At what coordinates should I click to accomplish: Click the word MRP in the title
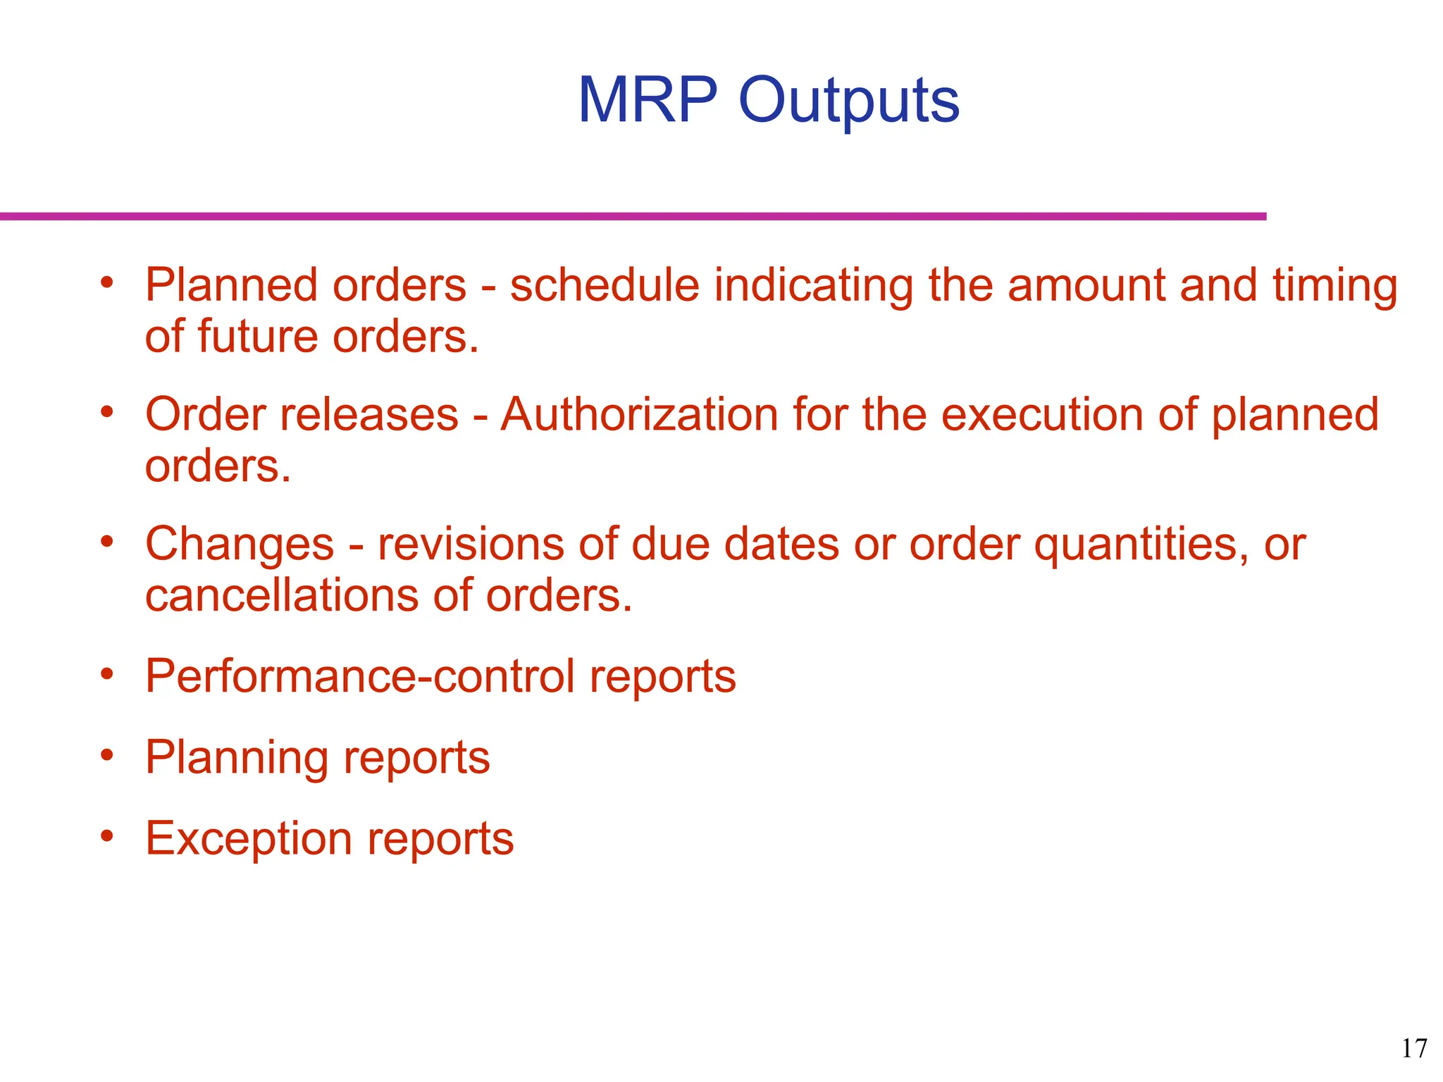pyautogui.click(x=648, y=100)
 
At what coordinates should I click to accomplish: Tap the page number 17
pyautogui.click(x=1413, y=1048)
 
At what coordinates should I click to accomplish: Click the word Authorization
pyautogui.click(x=638, y=414)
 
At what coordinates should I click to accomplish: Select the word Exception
pyautogui.click(x=248, y=839)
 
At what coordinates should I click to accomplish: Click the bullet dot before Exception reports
pyautogui.click(x=106, y=836)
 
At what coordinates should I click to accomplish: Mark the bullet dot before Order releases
pyautogui.click(x=106, y=411)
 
